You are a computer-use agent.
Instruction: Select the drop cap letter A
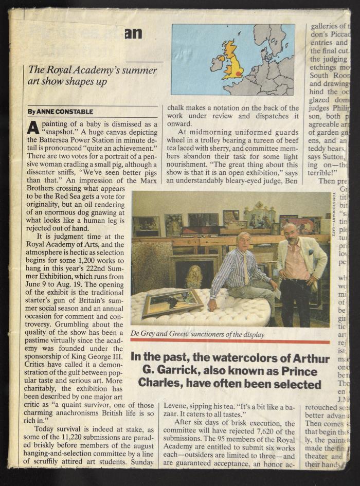pyautogui.click(x=32, y=127)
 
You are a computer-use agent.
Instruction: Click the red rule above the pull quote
pyautogui.click(x=229, y=341)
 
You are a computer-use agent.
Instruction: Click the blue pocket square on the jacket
pyautogui.click(x=311, y=253)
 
